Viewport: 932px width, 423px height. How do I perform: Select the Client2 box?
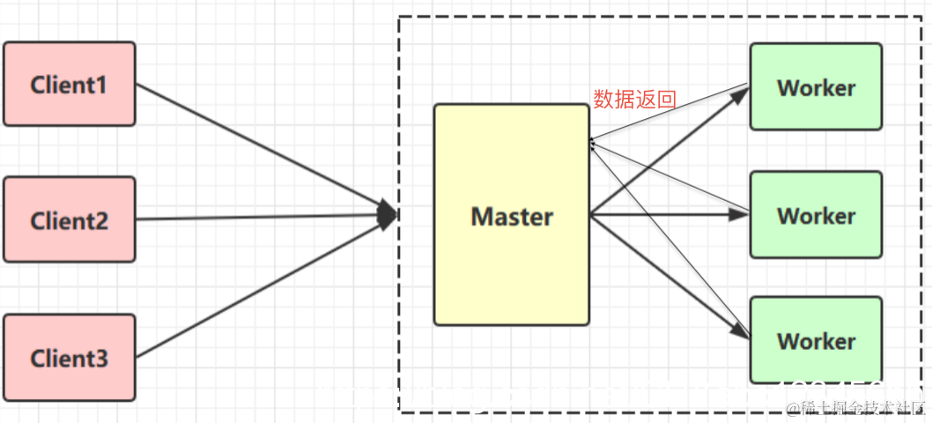coord(70,219)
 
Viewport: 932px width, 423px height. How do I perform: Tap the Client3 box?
coord(70,357)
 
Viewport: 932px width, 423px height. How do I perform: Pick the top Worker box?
coord(816,87)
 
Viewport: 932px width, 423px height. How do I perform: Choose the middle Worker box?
coord(816,214)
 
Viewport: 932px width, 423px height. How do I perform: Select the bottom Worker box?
coord(816,340)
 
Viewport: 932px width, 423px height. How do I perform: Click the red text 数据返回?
coord(634,100)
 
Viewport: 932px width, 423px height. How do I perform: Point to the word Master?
coord(512,216)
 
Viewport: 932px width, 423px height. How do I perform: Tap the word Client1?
coord(69,85)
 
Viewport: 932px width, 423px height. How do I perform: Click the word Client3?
coord(69,359)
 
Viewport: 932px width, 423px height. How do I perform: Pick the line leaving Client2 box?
coord(255,218)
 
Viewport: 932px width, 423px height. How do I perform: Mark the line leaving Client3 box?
coord(255,290)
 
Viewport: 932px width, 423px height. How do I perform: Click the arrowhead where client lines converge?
coord(388,214)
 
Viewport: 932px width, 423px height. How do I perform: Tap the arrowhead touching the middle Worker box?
coord(738,213)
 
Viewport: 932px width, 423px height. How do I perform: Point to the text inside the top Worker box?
coord(816,88)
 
